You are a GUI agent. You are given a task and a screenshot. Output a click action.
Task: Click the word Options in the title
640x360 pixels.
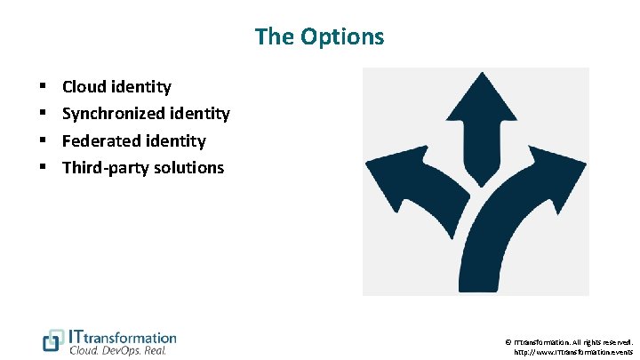click(344, 36)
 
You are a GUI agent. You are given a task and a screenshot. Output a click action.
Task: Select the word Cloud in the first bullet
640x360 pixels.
click(85, 87)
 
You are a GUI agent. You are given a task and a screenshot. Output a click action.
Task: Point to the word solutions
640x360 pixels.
click(189, 167)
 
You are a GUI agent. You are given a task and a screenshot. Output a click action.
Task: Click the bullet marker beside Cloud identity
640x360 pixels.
click(44, 87)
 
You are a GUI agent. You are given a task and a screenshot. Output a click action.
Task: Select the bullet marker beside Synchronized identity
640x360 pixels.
click(44, 114)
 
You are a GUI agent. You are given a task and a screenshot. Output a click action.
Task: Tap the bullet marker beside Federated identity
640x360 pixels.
click(44, 140)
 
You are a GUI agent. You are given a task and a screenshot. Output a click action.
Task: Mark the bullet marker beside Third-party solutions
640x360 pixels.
click(44, 167)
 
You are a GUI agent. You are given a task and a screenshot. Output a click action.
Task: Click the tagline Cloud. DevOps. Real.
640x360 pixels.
click(118, 350)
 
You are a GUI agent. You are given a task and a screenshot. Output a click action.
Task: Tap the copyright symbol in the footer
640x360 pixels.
click(508, 341)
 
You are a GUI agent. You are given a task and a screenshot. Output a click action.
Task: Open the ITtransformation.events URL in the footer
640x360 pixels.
click(573, 352)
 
